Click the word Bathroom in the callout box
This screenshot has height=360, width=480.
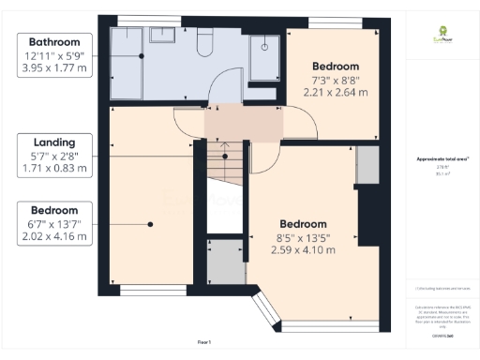(x=53, y=42)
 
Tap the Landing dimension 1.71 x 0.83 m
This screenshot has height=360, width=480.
(x=53, y=170)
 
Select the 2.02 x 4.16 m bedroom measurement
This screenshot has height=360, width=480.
(x=53, y=236)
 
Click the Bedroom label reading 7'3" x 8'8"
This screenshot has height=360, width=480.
(x=335, y=67)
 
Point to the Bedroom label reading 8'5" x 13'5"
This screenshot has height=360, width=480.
(x=302, y=224)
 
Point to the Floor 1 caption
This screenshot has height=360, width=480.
(x=203, y=341)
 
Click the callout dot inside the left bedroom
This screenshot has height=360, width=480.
(x=150, y=223)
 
